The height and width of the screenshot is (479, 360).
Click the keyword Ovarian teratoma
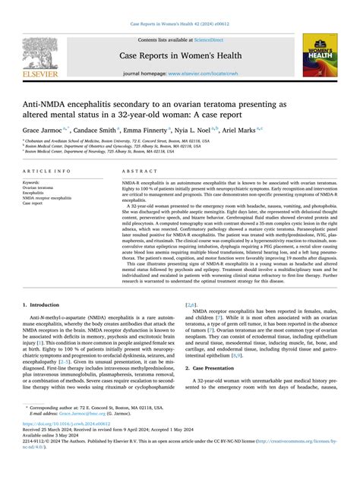coord(39,188)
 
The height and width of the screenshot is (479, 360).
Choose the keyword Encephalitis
coord(35,193)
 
